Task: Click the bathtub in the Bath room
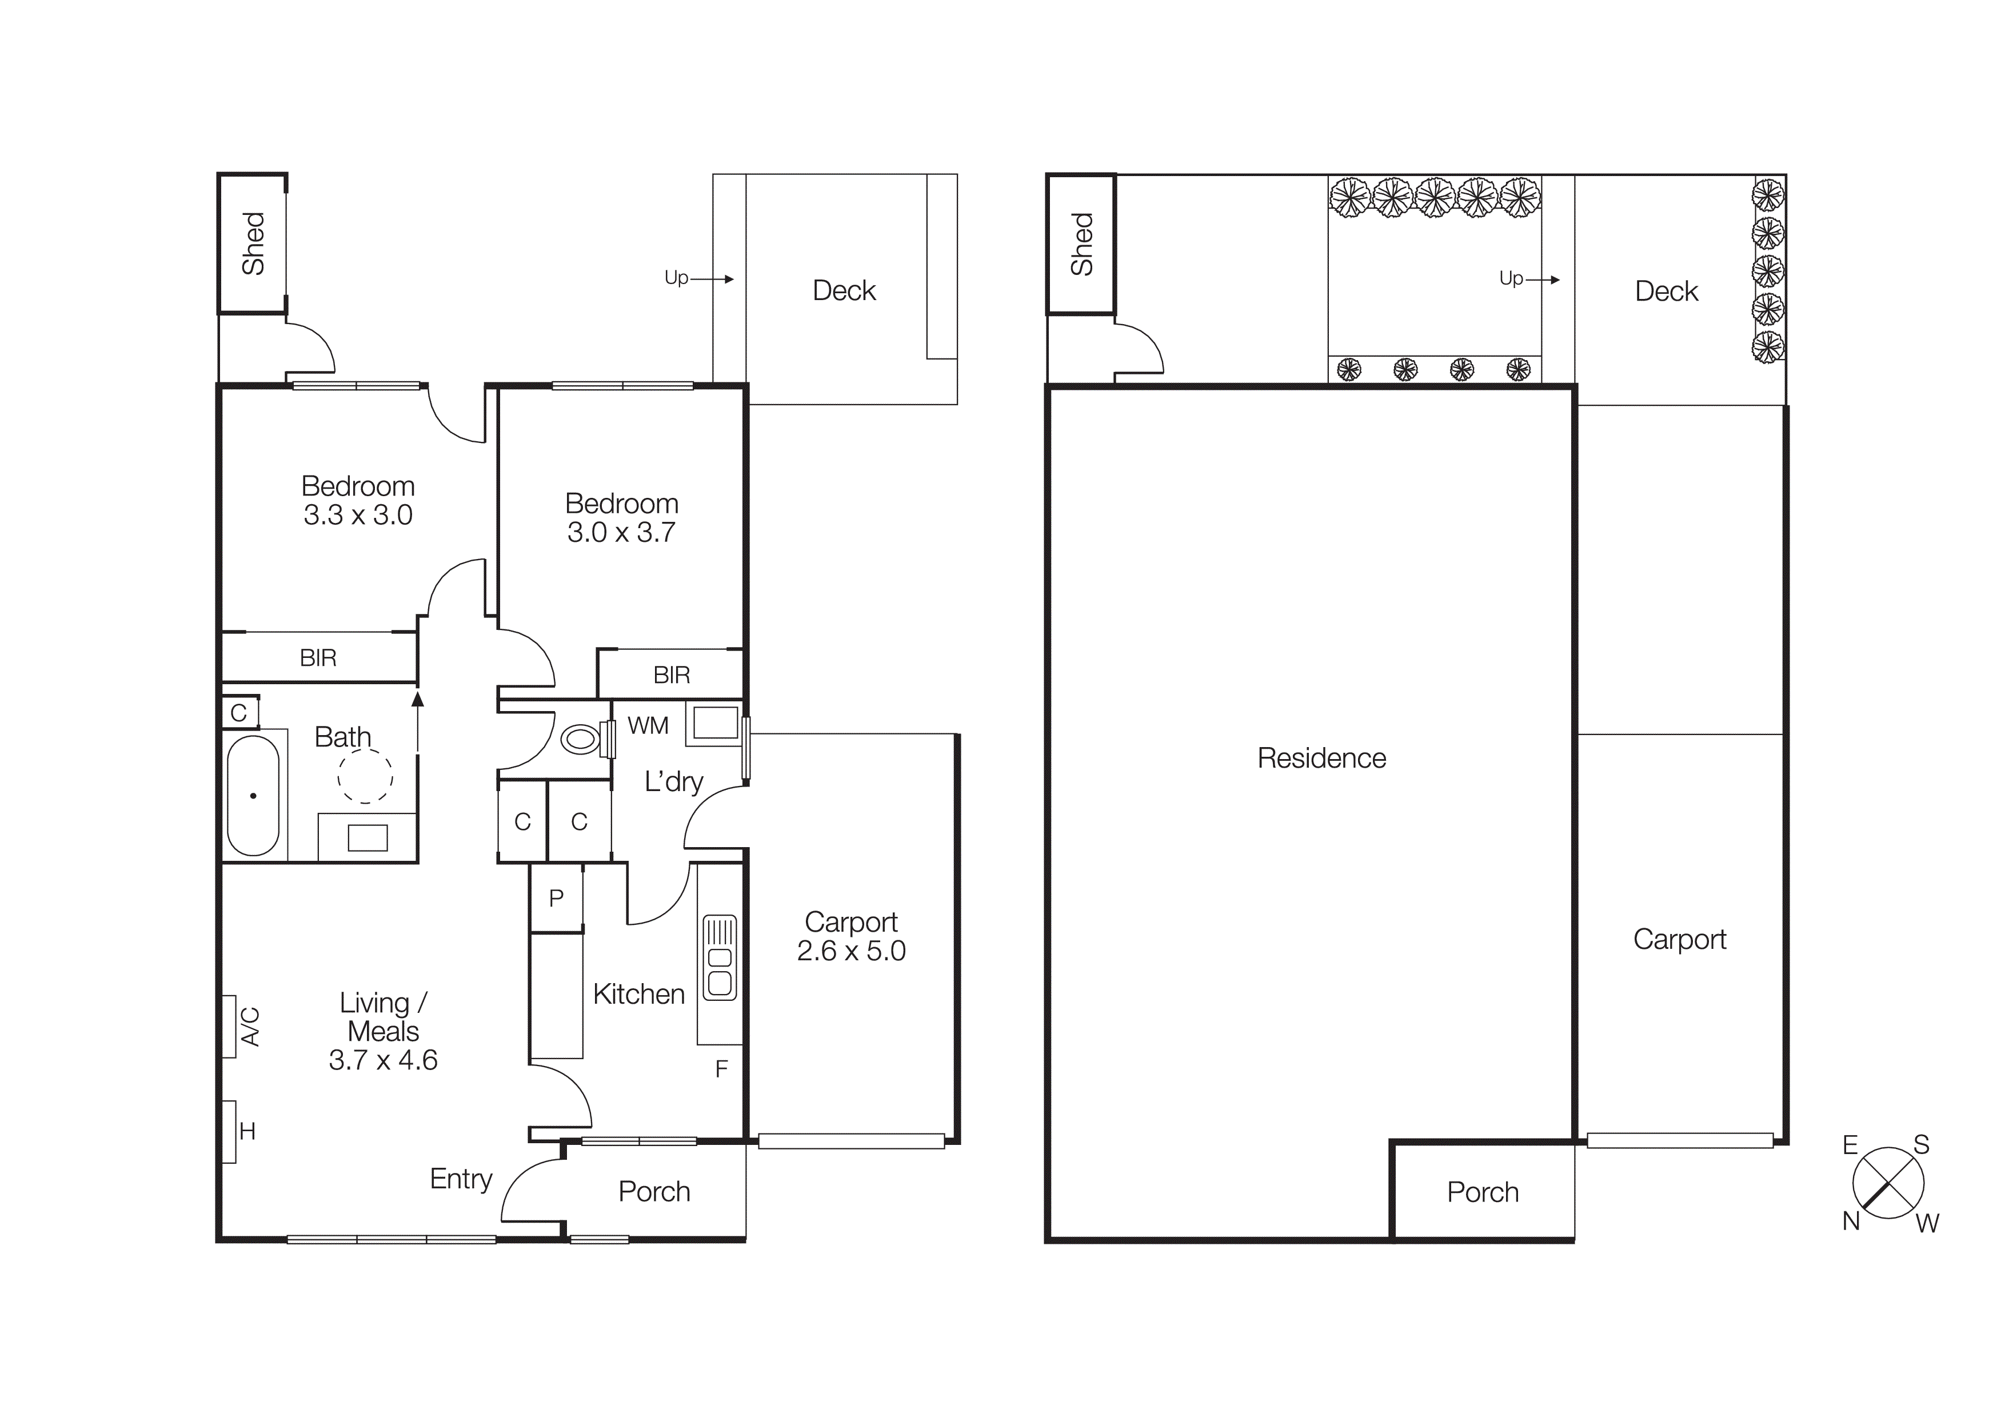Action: click(x=253, y=795)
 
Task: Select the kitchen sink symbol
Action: click(x=720, y=957)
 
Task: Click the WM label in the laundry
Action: click(x=648, y=725)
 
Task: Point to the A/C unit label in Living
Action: click(x=250, y=1026)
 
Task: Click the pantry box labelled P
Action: click(x=556, y=897)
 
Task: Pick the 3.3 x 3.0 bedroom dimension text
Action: click(x=358, y=515)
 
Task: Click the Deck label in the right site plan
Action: click(x=1665, y=292)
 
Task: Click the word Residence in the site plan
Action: click(x=1321, y=758)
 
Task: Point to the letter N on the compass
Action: click(x=1851, y=1220)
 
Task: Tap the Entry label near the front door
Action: click(x=461, y=1179)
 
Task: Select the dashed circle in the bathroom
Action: click(x=365, y=775)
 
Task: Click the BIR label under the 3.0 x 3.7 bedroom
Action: click(x=672, y=675)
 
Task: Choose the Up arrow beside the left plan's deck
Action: click(x=711, y=278)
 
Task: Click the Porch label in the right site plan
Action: click(x=1482, y=1192)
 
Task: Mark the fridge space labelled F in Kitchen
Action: click(x=721, y=1069)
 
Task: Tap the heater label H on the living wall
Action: click(x=247, y=1132)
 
